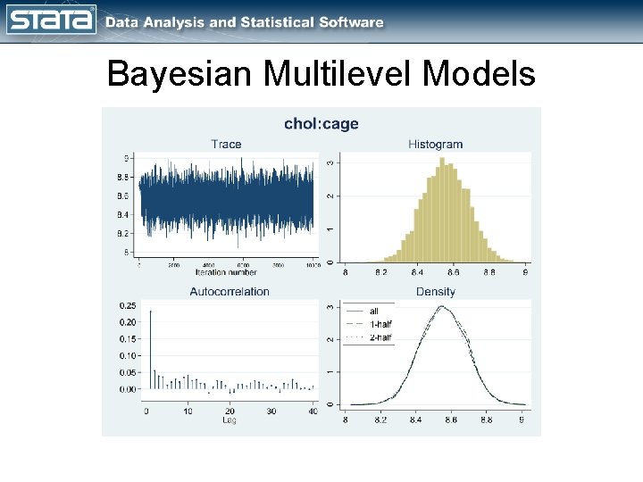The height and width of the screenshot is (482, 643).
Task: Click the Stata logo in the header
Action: [x=51, y=21]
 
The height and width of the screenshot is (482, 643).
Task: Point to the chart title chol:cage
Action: [x=321, y=124]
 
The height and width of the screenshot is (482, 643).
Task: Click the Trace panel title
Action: [x=226, y=144]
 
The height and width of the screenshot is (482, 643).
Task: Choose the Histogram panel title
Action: [x=435, y=144]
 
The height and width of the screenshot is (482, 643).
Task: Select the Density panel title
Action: [x=435, y=291]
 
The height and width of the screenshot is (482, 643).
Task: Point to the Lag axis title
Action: [x=230, y=420]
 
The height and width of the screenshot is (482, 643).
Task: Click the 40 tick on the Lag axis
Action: [x=312, y=411]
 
